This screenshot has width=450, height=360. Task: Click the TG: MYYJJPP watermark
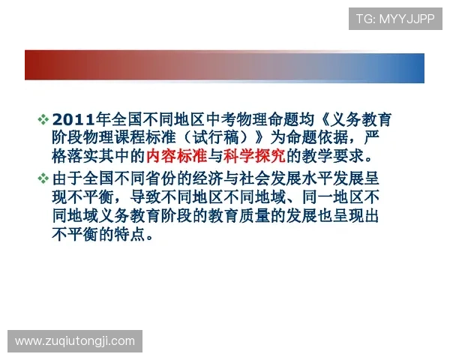(394, 19)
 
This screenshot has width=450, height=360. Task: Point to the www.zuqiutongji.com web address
(75, 341)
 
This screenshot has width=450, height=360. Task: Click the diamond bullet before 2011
(43, 119)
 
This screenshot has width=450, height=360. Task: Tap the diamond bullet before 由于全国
(43, 178)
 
